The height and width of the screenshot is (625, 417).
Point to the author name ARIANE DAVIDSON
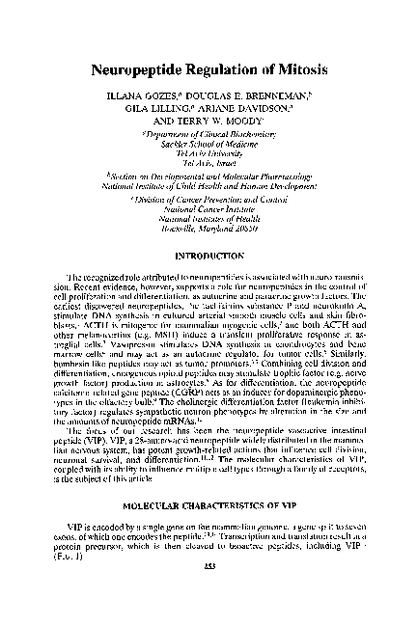pyautogui.click(x=251, y=115)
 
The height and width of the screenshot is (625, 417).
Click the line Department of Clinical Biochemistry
pyautogui.click(x=208, y=142)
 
